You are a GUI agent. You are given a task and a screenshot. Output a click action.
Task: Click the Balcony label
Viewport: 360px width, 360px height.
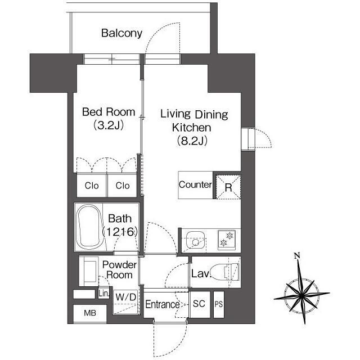point(121,33)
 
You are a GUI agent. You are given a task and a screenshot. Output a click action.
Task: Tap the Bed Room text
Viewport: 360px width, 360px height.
point(109,112)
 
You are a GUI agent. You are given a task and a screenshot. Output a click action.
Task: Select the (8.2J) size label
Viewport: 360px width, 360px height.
point(192,141)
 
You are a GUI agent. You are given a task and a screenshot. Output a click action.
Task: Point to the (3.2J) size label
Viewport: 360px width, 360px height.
point(109,125)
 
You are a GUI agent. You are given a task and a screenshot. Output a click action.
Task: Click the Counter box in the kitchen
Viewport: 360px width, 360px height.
point(195,185)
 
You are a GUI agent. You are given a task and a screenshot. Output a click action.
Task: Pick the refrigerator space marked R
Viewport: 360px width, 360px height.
point(228,187)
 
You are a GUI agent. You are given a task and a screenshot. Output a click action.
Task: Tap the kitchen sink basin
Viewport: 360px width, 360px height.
point(195,240)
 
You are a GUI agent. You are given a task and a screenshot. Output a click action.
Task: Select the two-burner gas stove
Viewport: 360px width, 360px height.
point(227,240)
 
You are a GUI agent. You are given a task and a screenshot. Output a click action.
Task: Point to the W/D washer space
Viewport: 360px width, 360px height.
point(126,301)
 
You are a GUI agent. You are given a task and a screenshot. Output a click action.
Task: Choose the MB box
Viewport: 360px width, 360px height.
point(90,313)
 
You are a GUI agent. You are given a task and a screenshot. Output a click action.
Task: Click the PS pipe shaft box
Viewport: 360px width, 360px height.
point(219,304)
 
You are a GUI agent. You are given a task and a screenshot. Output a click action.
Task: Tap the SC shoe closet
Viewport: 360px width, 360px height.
point(199,304)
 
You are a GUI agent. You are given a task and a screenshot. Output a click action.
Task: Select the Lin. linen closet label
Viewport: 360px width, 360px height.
point(103,293)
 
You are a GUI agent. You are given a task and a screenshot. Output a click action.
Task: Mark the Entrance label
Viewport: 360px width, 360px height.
point(163,305)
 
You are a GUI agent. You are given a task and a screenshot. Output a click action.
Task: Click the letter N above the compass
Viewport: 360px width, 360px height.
point(298,255)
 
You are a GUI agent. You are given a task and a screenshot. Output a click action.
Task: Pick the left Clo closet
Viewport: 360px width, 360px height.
point(92,186)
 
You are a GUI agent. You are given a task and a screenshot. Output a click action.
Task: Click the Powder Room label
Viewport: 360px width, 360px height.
point(119,270)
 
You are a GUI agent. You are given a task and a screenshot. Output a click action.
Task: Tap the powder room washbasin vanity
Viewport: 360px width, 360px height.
point(89,271)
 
